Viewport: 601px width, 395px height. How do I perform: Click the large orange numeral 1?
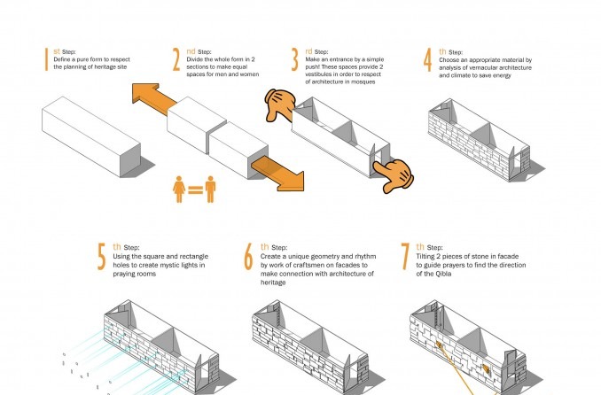[46, 59]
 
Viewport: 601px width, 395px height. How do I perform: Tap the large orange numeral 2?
[176, 59]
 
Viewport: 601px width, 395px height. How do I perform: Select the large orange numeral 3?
[294, 59]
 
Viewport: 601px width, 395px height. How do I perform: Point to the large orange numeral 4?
[428, 59]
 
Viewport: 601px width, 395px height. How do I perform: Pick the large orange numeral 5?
[101, 256]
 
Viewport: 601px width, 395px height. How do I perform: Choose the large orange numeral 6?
[248, 256]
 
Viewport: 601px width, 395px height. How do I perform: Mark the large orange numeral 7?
[405, 256]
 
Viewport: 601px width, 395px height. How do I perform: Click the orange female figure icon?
[179, 190]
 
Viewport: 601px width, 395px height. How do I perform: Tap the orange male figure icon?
[210, 190]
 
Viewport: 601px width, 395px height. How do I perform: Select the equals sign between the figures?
[196, 190]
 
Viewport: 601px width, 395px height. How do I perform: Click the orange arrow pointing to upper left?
[153, 98]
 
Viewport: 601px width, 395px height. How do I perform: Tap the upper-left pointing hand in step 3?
[280, 105]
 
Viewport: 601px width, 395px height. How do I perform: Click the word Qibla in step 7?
[443, 274]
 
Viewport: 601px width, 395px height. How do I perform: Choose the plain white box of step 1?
[91, 136]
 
